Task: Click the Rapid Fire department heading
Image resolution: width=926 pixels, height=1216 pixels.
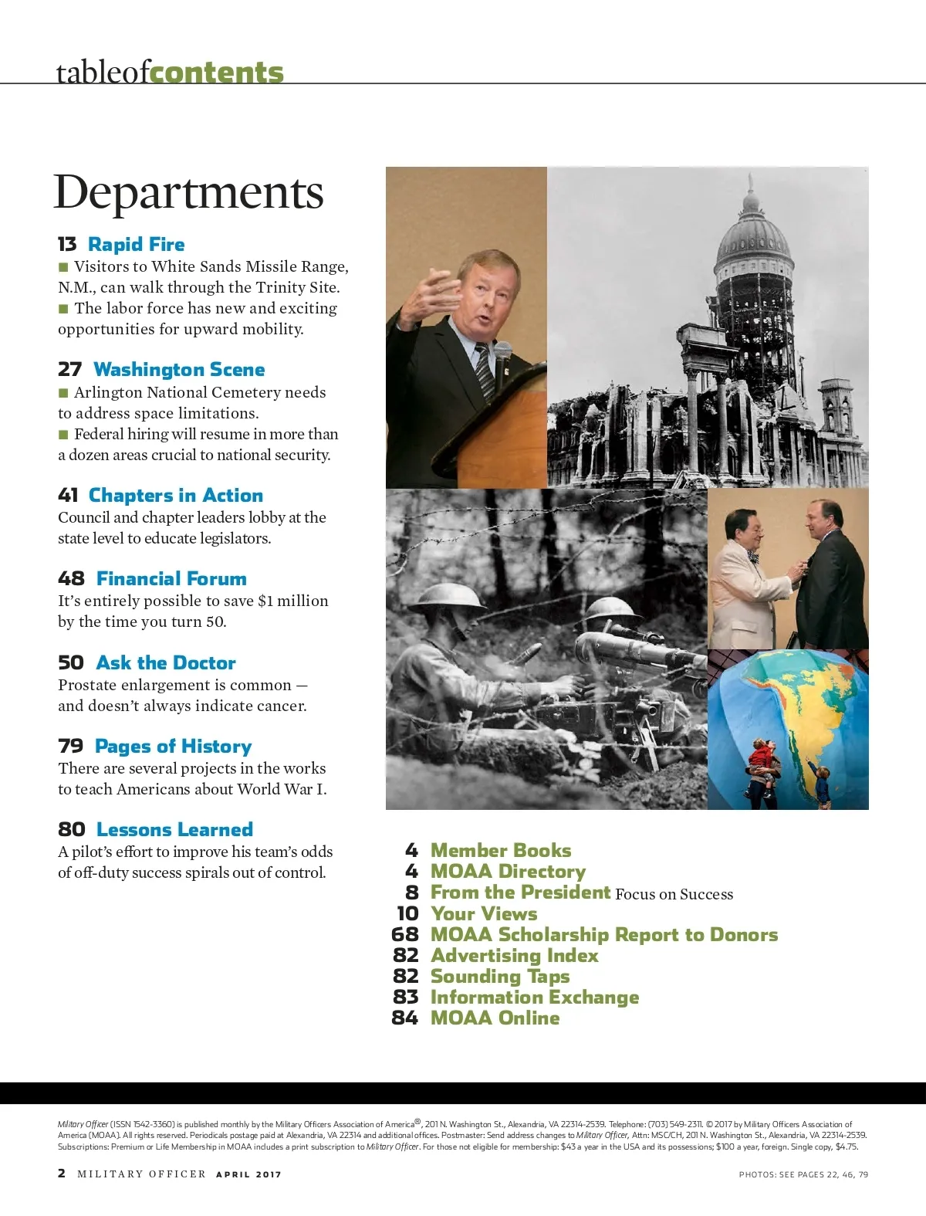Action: (136, 245)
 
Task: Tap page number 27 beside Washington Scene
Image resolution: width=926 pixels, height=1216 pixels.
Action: (69, 370)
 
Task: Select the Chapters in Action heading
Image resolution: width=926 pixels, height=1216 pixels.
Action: (175, 496)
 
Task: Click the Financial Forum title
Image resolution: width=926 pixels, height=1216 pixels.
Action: (171, 579)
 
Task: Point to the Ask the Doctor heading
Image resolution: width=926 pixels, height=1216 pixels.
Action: (166, 663)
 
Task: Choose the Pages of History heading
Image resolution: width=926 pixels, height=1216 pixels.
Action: (173, 747)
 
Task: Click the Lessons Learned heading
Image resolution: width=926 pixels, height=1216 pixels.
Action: (174, 830)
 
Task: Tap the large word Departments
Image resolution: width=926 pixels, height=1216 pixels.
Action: (188, 192)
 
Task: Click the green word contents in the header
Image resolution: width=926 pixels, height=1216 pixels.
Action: (216, 73)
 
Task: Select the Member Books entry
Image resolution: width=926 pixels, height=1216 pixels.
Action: (500, 851)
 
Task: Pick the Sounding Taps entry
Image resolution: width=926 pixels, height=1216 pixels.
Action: (499, 977)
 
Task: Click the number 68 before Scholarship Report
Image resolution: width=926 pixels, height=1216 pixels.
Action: (405, 935)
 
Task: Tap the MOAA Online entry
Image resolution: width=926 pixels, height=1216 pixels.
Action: (495, 1018)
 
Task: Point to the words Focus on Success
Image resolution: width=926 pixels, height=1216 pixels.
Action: (674, 894)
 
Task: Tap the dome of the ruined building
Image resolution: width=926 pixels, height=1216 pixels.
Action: (753, 232)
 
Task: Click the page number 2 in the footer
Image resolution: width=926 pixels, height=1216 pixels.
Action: (62, 1174)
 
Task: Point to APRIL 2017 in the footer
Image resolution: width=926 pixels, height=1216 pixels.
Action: (248, 1174)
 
